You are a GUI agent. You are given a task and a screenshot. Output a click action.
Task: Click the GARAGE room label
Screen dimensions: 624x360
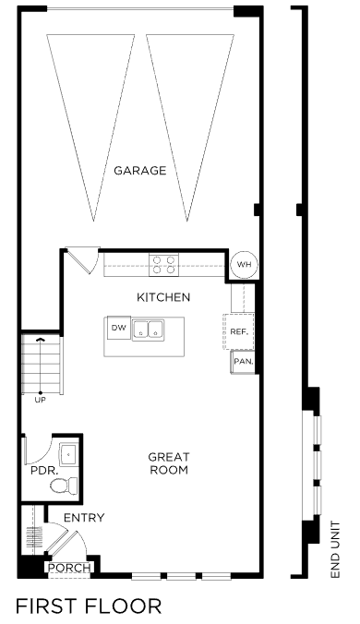pos(140,171)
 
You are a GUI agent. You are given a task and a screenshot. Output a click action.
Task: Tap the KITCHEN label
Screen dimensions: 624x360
pos(163,297)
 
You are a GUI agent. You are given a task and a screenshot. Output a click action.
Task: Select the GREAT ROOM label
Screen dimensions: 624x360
pos(168,463)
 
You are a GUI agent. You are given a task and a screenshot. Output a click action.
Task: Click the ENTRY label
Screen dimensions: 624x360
pos(84,518)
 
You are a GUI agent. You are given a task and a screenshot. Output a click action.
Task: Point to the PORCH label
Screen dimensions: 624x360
pos(69,568)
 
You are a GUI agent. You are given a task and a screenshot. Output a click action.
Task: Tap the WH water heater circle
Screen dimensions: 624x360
pos(244,265)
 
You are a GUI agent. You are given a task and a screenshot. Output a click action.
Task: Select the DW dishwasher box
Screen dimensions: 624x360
pos(118,328)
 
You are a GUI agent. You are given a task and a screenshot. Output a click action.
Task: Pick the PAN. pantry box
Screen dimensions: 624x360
pos(243,362)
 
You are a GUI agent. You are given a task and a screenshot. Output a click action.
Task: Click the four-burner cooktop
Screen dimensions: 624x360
pos(164,265)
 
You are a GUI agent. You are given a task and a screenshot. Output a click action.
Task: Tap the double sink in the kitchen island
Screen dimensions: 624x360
pos(148,329)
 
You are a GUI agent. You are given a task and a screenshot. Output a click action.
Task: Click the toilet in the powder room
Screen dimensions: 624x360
pos(62,484)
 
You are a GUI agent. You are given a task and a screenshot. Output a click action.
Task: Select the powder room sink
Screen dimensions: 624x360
pos(68,454)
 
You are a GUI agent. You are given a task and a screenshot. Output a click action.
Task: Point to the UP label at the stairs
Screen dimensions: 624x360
pos(40,400)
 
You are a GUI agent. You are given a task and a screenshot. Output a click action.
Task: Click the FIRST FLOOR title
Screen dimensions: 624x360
pos(89,606)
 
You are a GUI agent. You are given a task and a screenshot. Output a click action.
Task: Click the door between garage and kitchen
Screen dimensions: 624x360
pos(85,260)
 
